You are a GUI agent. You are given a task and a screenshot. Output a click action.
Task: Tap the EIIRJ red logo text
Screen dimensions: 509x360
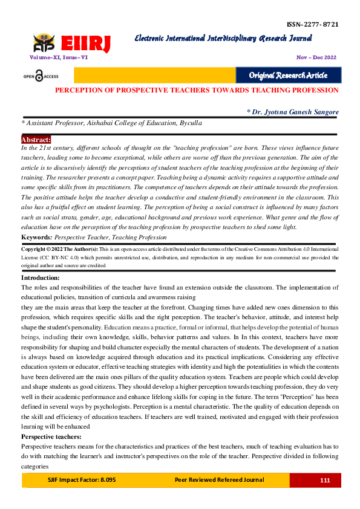(90, 44)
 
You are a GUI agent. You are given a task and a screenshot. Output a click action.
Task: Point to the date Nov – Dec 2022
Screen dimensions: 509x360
(316, 57)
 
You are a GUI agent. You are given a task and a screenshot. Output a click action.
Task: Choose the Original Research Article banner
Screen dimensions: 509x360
(288, 75)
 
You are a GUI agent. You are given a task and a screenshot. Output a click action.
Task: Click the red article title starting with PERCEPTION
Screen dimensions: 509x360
(197, 89)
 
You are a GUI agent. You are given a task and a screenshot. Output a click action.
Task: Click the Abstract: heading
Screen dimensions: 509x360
(36, 139)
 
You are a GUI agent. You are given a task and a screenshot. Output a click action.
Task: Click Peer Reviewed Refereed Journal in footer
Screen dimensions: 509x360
(219, 480)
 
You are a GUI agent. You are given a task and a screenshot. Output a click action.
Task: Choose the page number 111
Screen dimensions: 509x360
(325, 480)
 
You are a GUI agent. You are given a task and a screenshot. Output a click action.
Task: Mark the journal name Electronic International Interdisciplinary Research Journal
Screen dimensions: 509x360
(223, 39)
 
